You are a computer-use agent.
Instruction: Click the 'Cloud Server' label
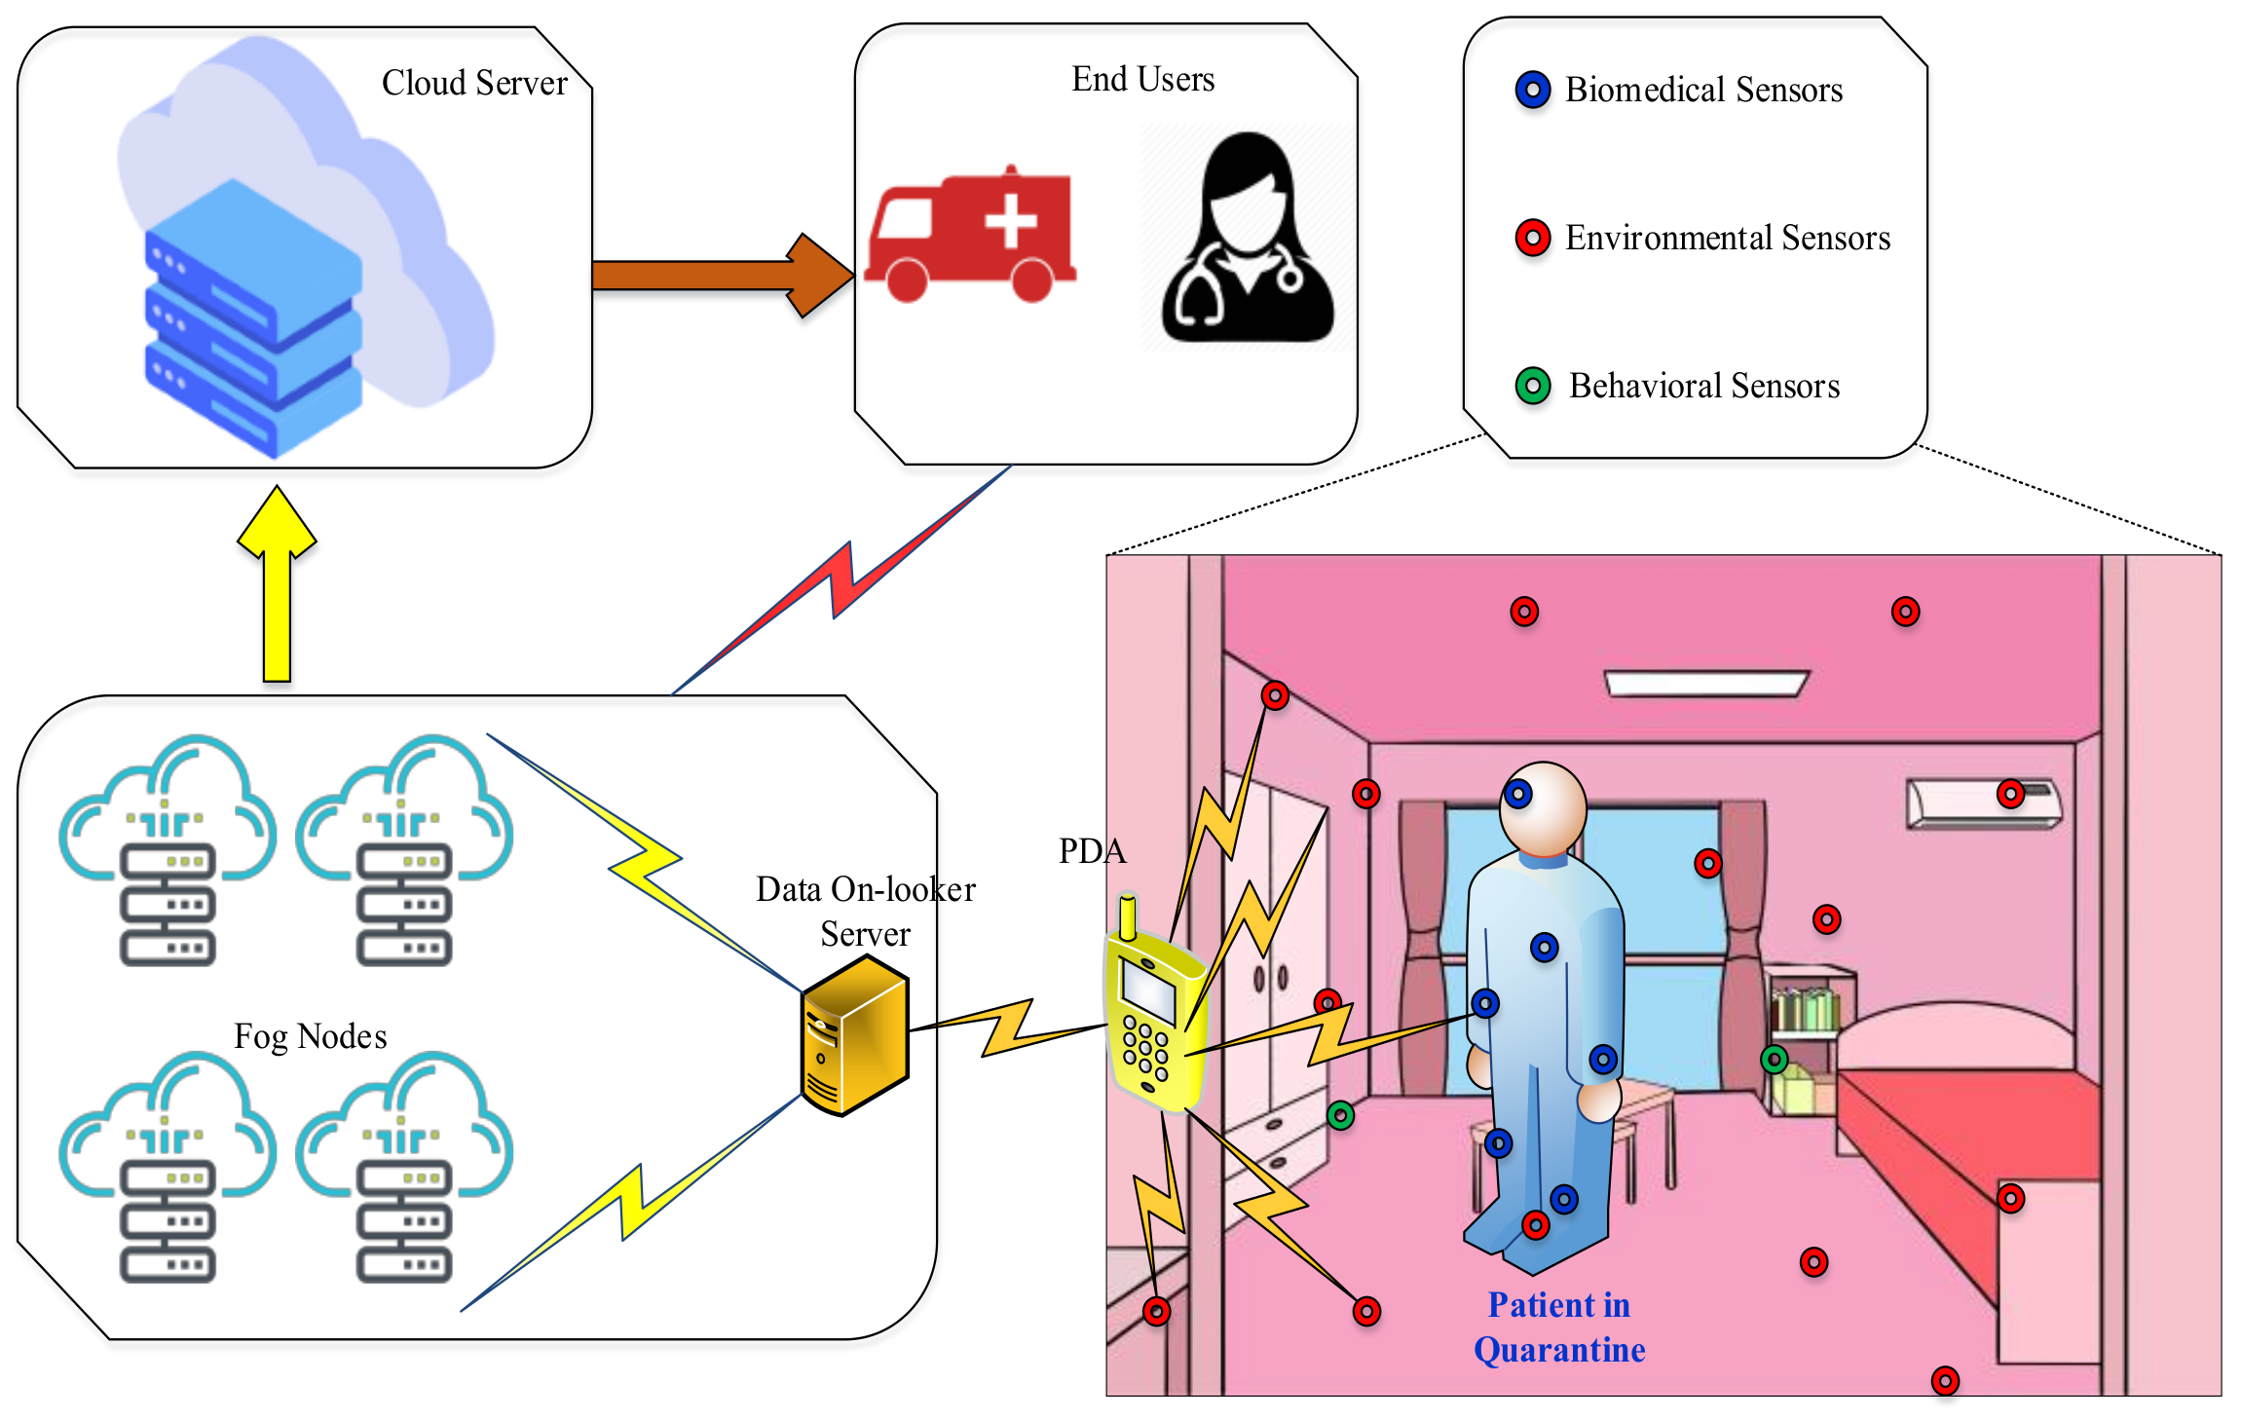474,84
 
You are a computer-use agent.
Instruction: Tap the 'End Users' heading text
1142,80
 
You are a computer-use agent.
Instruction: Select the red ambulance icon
971,237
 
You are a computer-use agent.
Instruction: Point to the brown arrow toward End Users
721,276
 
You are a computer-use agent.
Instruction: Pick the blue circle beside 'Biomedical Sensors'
1533,91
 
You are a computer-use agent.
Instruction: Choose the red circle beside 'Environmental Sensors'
1533,238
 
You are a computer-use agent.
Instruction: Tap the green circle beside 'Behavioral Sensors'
1533,386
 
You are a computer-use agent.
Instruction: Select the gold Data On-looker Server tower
854,1035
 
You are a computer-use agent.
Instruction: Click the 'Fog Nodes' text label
311,1036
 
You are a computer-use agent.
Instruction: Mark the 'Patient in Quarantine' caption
1559,1327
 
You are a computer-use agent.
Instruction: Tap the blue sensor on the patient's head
1517,795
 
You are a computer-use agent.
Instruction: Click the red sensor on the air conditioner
2010,794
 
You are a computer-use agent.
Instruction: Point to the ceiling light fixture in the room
1705,683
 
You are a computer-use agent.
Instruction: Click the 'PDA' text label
1092,851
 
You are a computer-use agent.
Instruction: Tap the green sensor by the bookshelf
1775,1059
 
